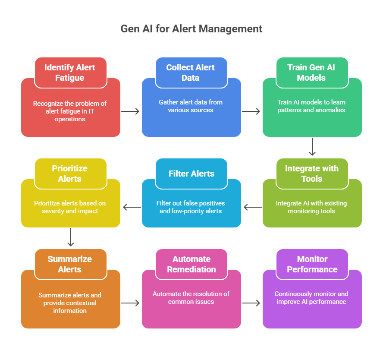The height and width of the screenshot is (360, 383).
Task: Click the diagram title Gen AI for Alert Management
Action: pyautogui.click(x=191, y=29)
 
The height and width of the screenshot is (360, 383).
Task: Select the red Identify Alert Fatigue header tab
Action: pyautogui.click(x=70, y=73)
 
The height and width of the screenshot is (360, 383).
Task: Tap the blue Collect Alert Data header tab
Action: pyautogui.click(x=191, y=73)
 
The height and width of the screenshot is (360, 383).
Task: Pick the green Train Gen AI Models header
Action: pyautogui.click(x=312, y=73)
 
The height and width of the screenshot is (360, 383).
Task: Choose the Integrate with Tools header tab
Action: pyautogui.click(x=312, y=174)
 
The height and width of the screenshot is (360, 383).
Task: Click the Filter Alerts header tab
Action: pyautogui.click(x=191, y=174)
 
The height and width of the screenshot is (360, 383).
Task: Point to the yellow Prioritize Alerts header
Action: pyautogui.click(x=70, y=174)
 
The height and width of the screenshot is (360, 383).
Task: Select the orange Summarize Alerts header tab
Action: pyautogui.click(x=70, y=264)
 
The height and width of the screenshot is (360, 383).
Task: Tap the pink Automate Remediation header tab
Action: pyautogui.click(x=191, y=264)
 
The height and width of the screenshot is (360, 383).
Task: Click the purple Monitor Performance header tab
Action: pyautogui.click(x=312, y=264)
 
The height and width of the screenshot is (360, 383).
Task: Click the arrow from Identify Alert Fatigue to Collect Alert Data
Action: pyautogui.click(x=131, y=111)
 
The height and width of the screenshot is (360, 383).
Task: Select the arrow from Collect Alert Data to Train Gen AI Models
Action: pyautogui.click(x=251, y=111)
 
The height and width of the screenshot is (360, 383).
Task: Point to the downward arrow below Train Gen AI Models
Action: pyautogui.click(x=312, y=147)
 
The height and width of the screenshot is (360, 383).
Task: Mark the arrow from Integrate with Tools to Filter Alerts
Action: pyautogui.click(x=252, y=207)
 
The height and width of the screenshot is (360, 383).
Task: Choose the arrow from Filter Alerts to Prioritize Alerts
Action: pyautogui.click(x=132, y=207)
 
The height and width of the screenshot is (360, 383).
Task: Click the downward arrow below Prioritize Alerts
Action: pyautogui.click(x=71, y=238)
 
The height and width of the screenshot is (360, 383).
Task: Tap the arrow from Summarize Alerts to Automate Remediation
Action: pyautogui.click(x=131, y=303)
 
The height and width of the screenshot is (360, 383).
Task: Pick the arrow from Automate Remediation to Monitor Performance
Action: pyautogui.click(x=251, y=303)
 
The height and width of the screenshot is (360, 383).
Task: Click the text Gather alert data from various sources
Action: pyautogui.click(x=191, y=106)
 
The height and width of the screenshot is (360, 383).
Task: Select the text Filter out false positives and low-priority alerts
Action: pyautogui.click(x=191, y=207)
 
